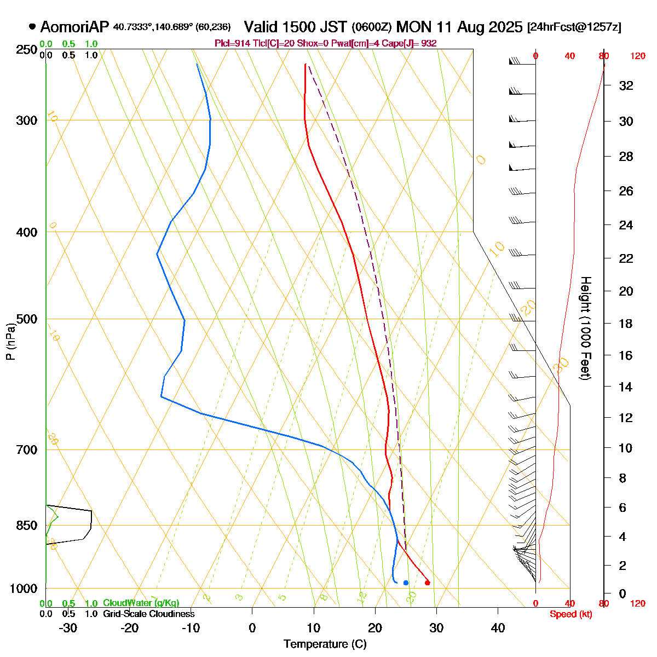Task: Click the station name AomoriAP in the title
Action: pyautogui.click(x=75, y=27)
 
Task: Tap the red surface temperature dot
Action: pyautogui.click(x=427, y=583)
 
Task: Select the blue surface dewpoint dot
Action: pyautogui.click(x=406, y=583)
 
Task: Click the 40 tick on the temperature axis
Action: pyautogui.click(x=498, y=628)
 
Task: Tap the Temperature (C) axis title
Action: pyautogui.click(x=325, y=644)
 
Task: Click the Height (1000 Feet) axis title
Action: pyautogui.click(x=585, y=328)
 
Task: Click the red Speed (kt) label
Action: pyautogui.click(x=571, y=614)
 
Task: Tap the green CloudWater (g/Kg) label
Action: pyautogui.click(x=141, y=603)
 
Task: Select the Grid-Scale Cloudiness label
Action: pyautogui.click(x=149, y=614)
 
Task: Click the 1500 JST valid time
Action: pyautogui.click(x=295, y=27)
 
